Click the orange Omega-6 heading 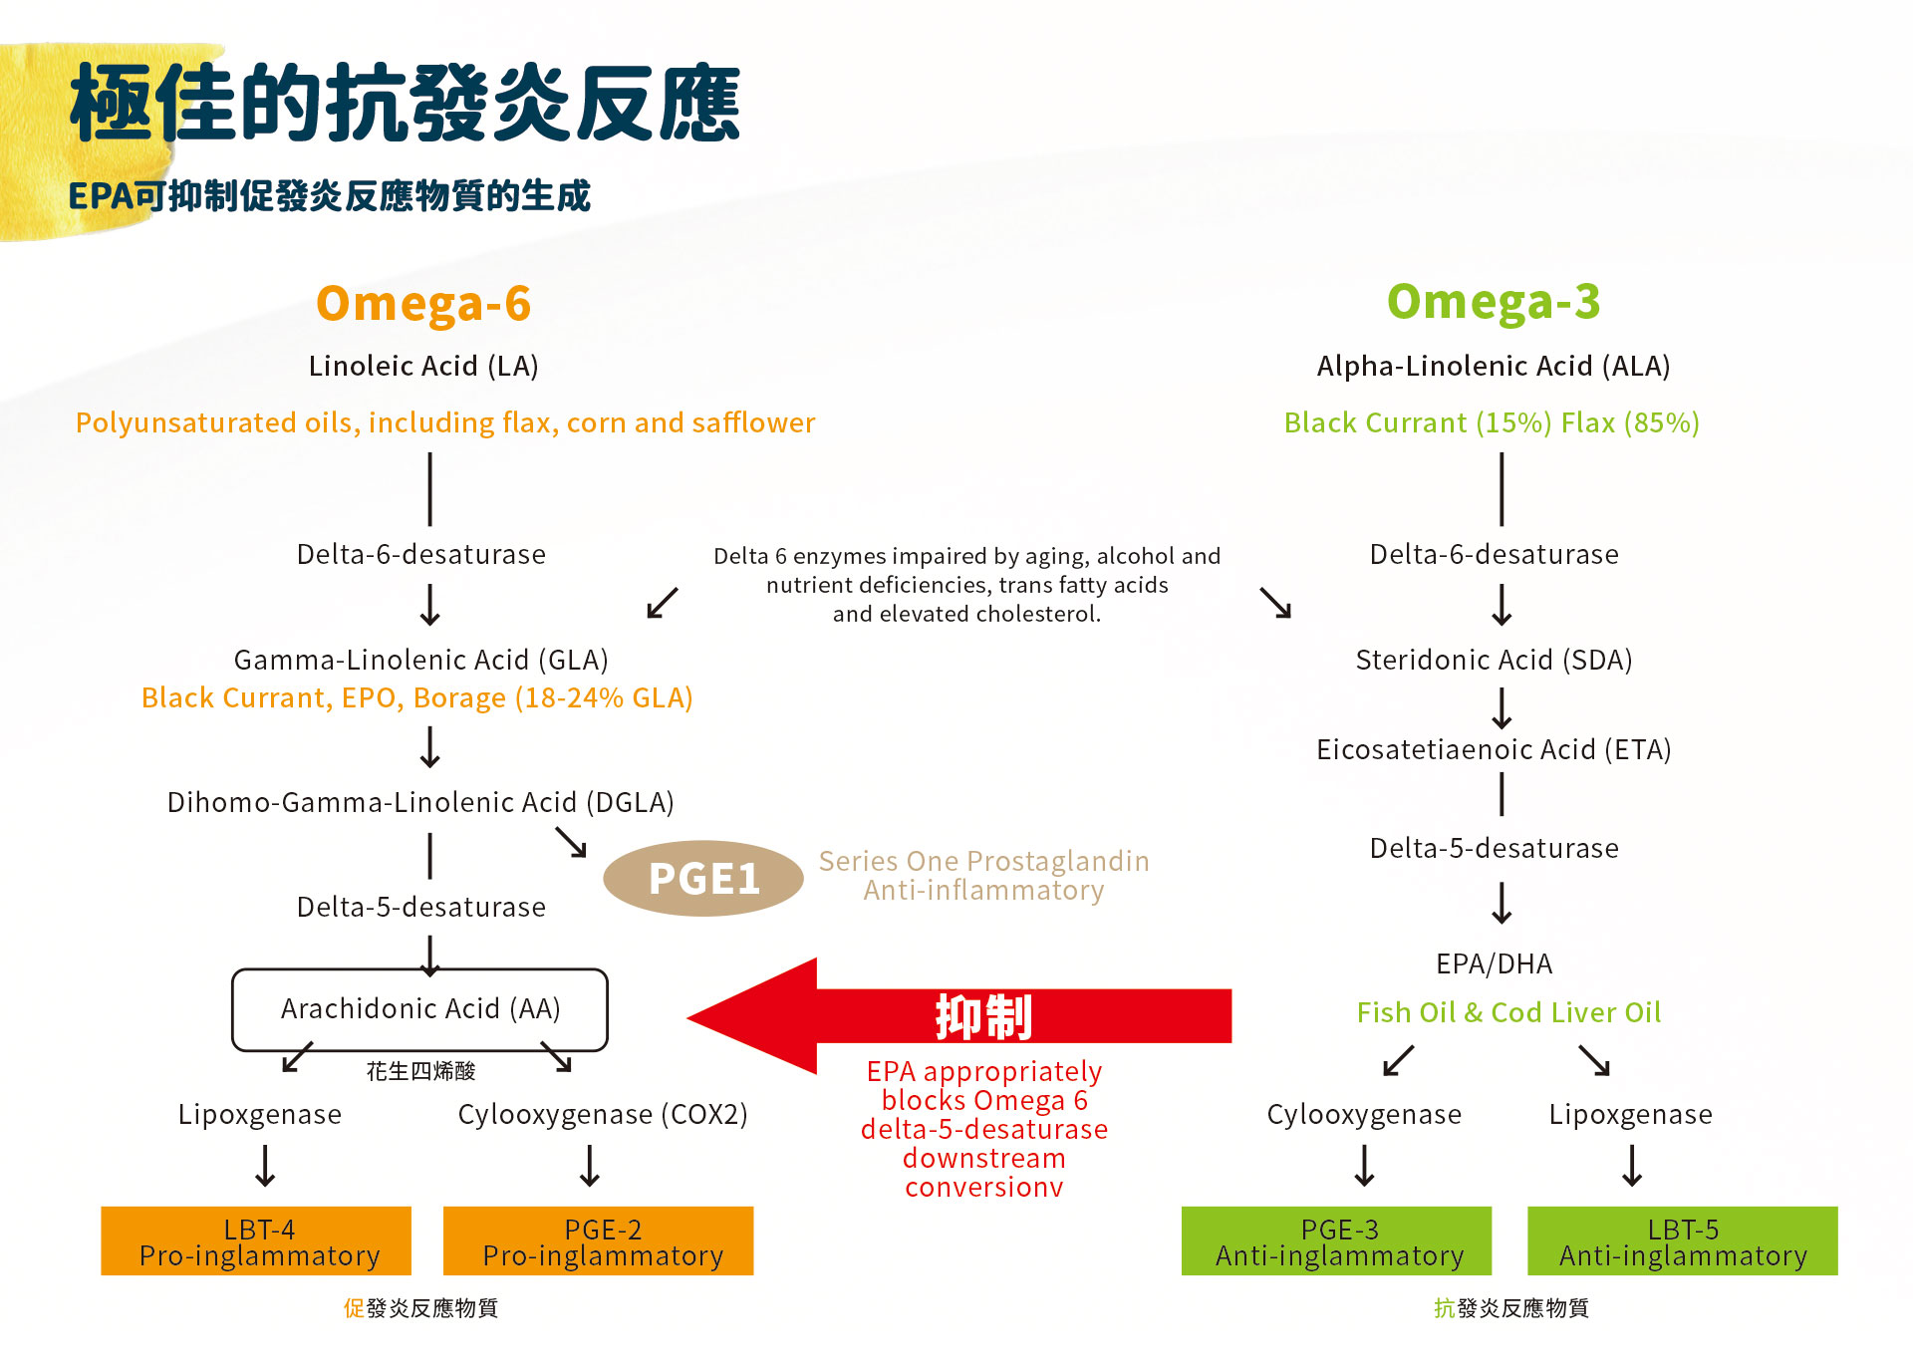(x=423, y=304)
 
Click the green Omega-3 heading (x=1493, y=302)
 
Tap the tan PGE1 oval (x=703, y=878)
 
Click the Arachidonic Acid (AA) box (x=419, y=1009)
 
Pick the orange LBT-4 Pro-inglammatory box (x=256, y=1241)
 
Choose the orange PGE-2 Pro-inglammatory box (x=598, y=1241)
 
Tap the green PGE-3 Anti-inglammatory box (x=1336, y=1241)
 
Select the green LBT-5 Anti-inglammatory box (x=1682, y=1241)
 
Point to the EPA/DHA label (x=1494, y=964)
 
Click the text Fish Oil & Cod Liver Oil (x=1508, y=1012)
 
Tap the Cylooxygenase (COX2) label (x=602, y=1114)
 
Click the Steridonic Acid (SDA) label (x=1494, y=660)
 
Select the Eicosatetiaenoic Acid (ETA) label (x=1494, y=749)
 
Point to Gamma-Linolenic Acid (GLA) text (x=420, y=660)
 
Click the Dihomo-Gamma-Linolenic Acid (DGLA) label (x=420, y=802)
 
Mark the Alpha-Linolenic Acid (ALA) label (x=1493, y=366)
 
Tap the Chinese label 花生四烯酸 (x=420, y=1071)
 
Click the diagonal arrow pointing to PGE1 (x=572, y=843)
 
